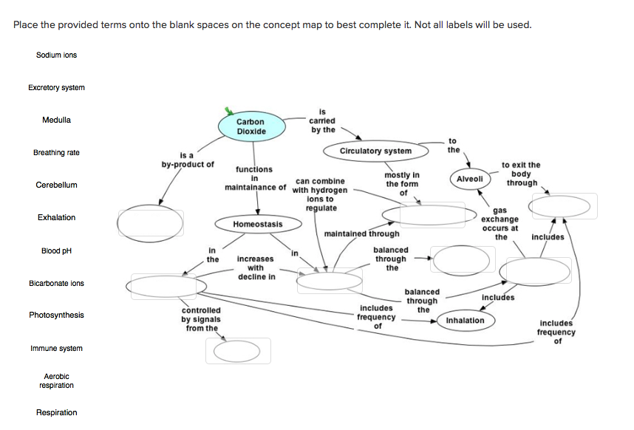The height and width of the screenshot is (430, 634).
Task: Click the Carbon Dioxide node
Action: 250,126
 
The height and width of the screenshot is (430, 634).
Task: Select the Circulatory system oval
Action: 375,151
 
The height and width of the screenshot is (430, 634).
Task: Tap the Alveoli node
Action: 469,179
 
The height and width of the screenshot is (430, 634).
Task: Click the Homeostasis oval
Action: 257,224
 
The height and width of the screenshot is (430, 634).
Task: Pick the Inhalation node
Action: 466,321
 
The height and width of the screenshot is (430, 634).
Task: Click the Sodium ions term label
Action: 56,55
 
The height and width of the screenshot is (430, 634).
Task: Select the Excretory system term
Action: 56,88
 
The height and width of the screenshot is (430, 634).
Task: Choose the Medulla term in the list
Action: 56,120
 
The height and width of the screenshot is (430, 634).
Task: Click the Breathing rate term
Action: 56,153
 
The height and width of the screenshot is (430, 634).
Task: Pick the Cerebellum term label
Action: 56,185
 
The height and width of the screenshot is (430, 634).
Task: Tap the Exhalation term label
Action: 56,218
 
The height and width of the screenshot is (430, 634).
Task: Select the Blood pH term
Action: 56,250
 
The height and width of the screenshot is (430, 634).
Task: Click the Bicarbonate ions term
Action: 56,284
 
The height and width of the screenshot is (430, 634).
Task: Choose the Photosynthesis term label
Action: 56,315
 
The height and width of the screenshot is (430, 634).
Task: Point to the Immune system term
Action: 56,349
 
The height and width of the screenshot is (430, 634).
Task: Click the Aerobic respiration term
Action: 56,381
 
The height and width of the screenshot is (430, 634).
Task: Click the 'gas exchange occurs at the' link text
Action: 500,224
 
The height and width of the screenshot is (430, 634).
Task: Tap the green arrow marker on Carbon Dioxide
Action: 230,112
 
